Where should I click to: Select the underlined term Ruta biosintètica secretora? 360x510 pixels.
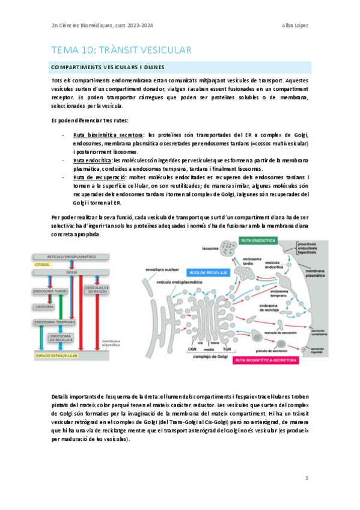pyautogui.click(x=108, y=135)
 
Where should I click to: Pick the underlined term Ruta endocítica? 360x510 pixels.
pyautogui.click(x=93, y=161)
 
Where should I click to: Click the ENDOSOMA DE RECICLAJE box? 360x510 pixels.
pyautogui.click(x=62, y=337)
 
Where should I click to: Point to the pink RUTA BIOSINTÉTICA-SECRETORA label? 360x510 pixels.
pyautogui.click(x=258, y=361)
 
